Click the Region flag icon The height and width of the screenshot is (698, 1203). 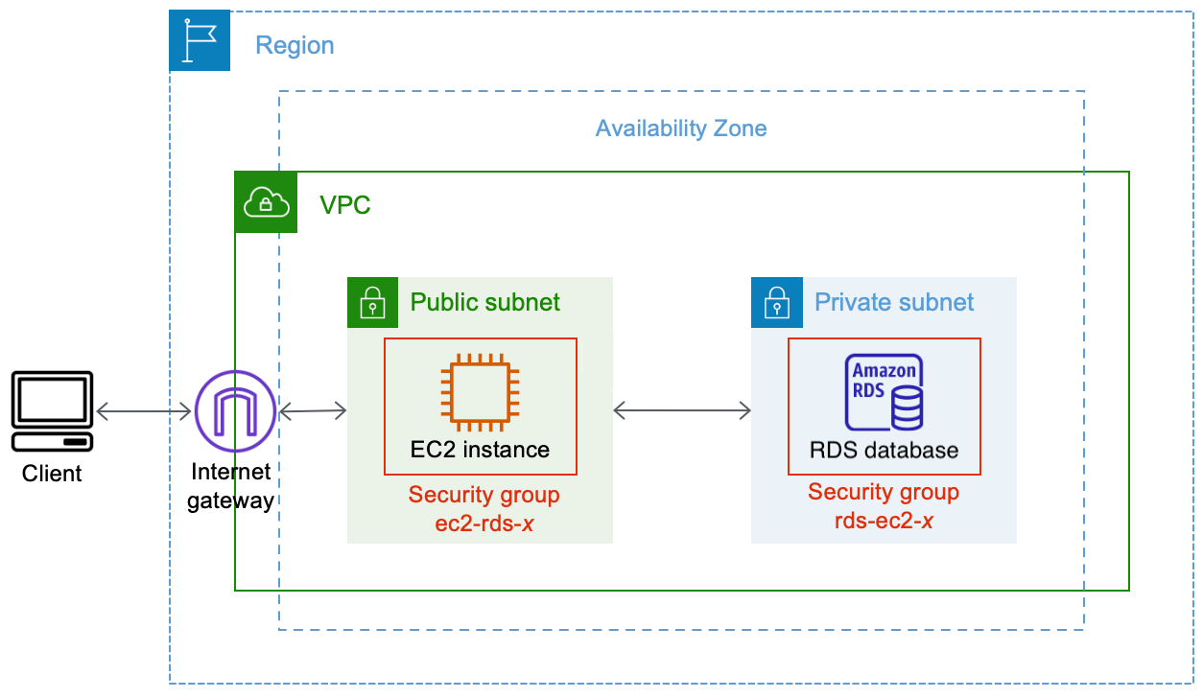(200, 40)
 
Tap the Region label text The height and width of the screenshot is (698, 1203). (295, 45)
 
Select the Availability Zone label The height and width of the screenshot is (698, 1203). (681, 128)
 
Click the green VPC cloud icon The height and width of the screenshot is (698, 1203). (266, 202)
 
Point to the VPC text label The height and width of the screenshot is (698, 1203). (344, 205)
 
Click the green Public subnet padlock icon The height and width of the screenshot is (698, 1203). (371, 303)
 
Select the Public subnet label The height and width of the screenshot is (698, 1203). (485, 303)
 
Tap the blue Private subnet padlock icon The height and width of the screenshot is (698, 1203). (775, 303)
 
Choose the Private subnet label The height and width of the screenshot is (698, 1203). (894, 303)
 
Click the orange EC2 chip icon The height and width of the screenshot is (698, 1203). (480, 390)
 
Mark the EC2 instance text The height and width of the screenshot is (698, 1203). (480, 450)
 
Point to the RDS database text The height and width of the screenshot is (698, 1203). (884, 450)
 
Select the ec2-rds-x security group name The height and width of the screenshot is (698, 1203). (484, 523)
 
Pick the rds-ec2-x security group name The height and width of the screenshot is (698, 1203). (884, 521)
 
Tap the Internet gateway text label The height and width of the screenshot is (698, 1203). (230, 486)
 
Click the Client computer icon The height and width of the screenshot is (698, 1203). (52, 412)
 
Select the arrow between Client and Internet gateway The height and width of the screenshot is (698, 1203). (144, 412)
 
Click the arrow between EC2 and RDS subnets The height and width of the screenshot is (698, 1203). (681, 411)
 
